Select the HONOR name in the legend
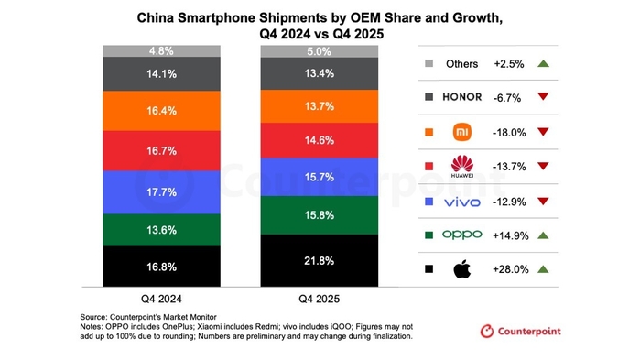tap(461, 97)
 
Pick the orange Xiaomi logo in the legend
tap(461, 132)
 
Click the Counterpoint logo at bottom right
tap(520, 331)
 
